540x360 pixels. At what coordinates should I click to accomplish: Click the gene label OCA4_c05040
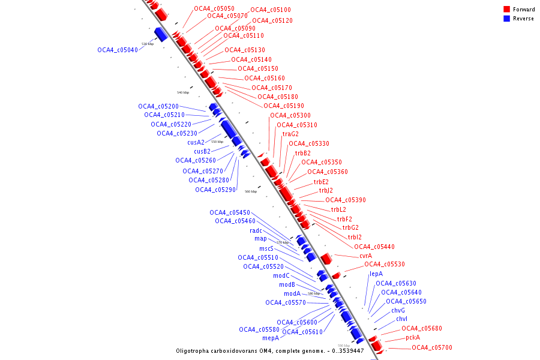118,50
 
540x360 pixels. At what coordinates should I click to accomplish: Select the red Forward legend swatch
506,10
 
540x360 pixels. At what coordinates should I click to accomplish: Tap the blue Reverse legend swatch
506,19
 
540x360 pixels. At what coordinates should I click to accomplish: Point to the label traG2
290,134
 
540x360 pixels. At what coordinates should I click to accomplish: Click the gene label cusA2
196,142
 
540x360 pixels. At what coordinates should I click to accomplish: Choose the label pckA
413,337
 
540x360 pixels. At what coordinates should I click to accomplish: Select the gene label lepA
376,274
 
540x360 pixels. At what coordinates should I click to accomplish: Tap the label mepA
271,338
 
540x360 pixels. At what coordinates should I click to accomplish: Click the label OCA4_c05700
432,347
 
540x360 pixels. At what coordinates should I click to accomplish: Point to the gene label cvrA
365,256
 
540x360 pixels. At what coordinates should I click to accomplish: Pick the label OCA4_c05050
214,8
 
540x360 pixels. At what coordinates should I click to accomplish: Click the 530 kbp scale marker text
148,44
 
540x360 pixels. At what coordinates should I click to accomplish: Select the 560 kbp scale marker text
251,191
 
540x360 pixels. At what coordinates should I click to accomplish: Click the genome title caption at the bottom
270,350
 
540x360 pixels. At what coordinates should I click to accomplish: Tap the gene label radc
256,230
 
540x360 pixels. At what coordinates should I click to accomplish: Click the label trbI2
355,237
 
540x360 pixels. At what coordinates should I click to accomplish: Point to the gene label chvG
398,310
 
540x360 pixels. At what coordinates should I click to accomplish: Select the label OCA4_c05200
158,106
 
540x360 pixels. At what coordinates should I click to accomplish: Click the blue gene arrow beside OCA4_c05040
161,34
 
